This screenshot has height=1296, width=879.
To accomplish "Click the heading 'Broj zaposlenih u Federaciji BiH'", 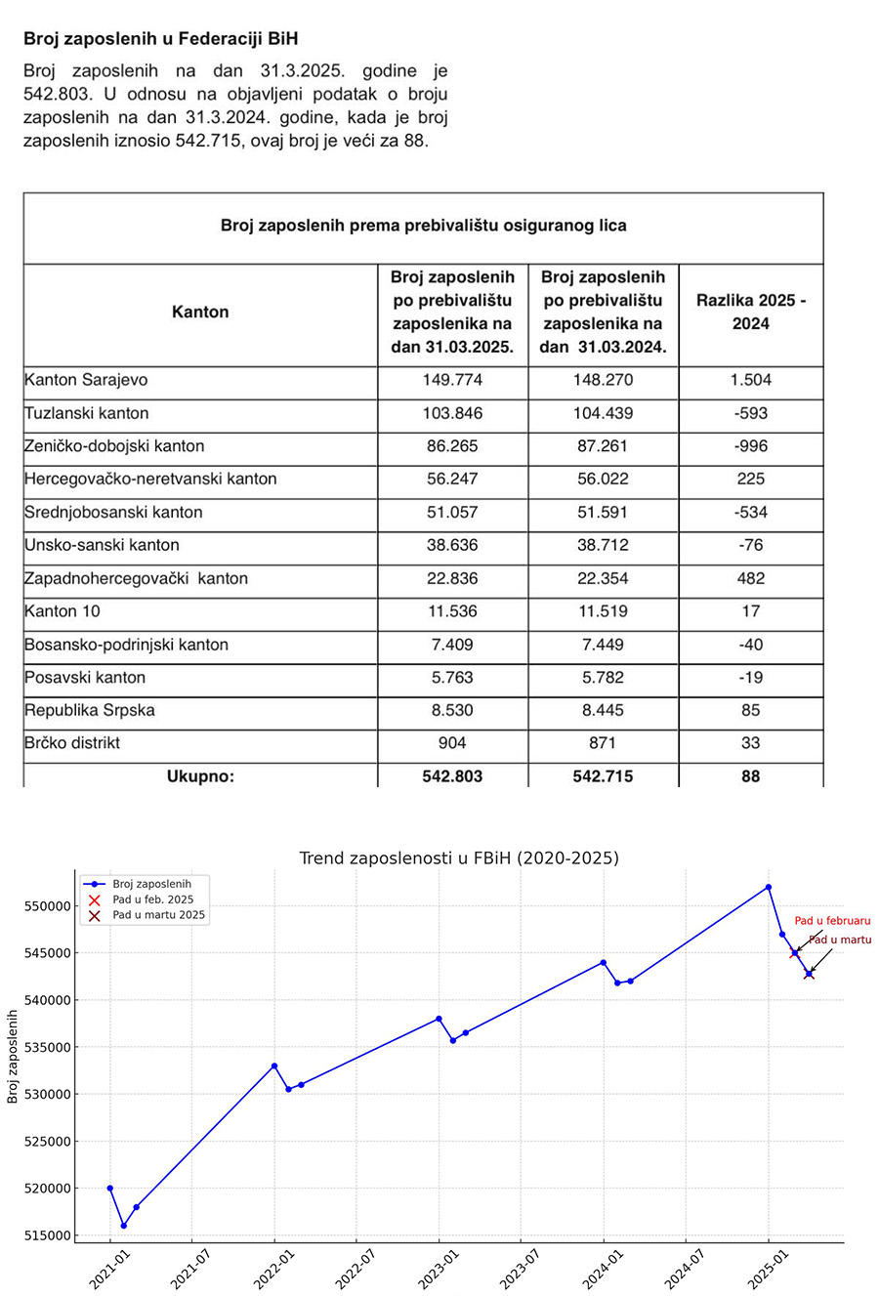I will [160, 39].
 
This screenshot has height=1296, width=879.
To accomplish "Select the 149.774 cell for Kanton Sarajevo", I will [453, 380].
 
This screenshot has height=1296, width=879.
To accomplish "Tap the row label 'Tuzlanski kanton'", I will [87, 413].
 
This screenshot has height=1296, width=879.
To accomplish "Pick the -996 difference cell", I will [750, 446].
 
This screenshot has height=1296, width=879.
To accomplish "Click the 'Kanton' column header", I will [200, 313].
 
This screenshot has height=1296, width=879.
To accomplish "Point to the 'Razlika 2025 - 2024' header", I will [750, 313].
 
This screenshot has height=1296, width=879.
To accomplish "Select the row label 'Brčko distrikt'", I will [72, 743].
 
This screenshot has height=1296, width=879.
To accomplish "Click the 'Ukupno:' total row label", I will [200, 777].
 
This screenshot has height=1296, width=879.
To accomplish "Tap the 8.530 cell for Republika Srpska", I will [453, 710].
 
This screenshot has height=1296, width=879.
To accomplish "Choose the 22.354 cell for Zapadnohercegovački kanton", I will [603, 578].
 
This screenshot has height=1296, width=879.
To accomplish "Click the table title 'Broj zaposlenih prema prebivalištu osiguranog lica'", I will [423, 226].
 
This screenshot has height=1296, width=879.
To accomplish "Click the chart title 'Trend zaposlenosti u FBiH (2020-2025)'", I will [458, 858].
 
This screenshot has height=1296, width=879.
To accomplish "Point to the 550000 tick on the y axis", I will [46, 906].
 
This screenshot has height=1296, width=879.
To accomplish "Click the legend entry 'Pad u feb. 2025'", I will [152, 899].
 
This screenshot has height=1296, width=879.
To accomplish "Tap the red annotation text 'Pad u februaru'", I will [832, 920].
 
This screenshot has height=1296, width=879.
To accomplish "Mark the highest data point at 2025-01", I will [769, 887].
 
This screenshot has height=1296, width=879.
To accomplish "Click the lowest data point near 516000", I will [123, 1226].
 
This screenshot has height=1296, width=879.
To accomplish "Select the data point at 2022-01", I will [274, 1066].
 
